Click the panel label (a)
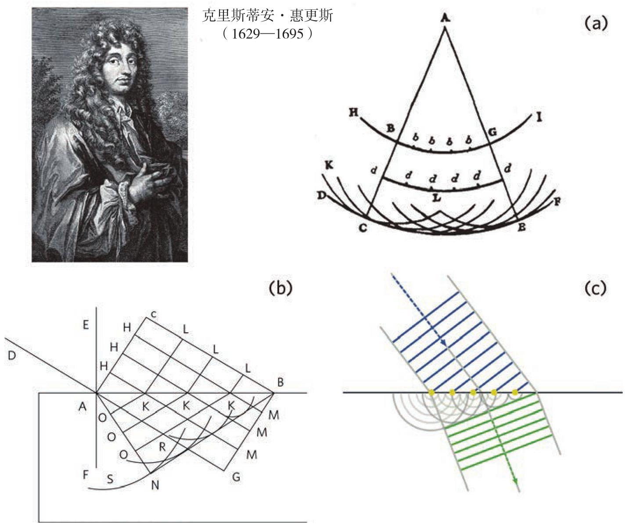click(596, 23)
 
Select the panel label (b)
click(280, 287)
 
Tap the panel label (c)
click(596, 287)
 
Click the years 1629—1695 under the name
click(268, 33)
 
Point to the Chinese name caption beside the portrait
click(268, 17)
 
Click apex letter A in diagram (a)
click(445, 18)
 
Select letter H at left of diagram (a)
click(353, 113)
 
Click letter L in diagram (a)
click(436, 197)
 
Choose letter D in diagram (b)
click(12, 355)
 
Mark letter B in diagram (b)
click(280, 382)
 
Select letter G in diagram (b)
click(236, 477)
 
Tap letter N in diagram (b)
click(155, 485)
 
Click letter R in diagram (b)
click(162, 447)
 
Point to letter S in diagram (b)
click(110, 479)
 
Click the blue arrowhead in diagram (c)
click(444, 343)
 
